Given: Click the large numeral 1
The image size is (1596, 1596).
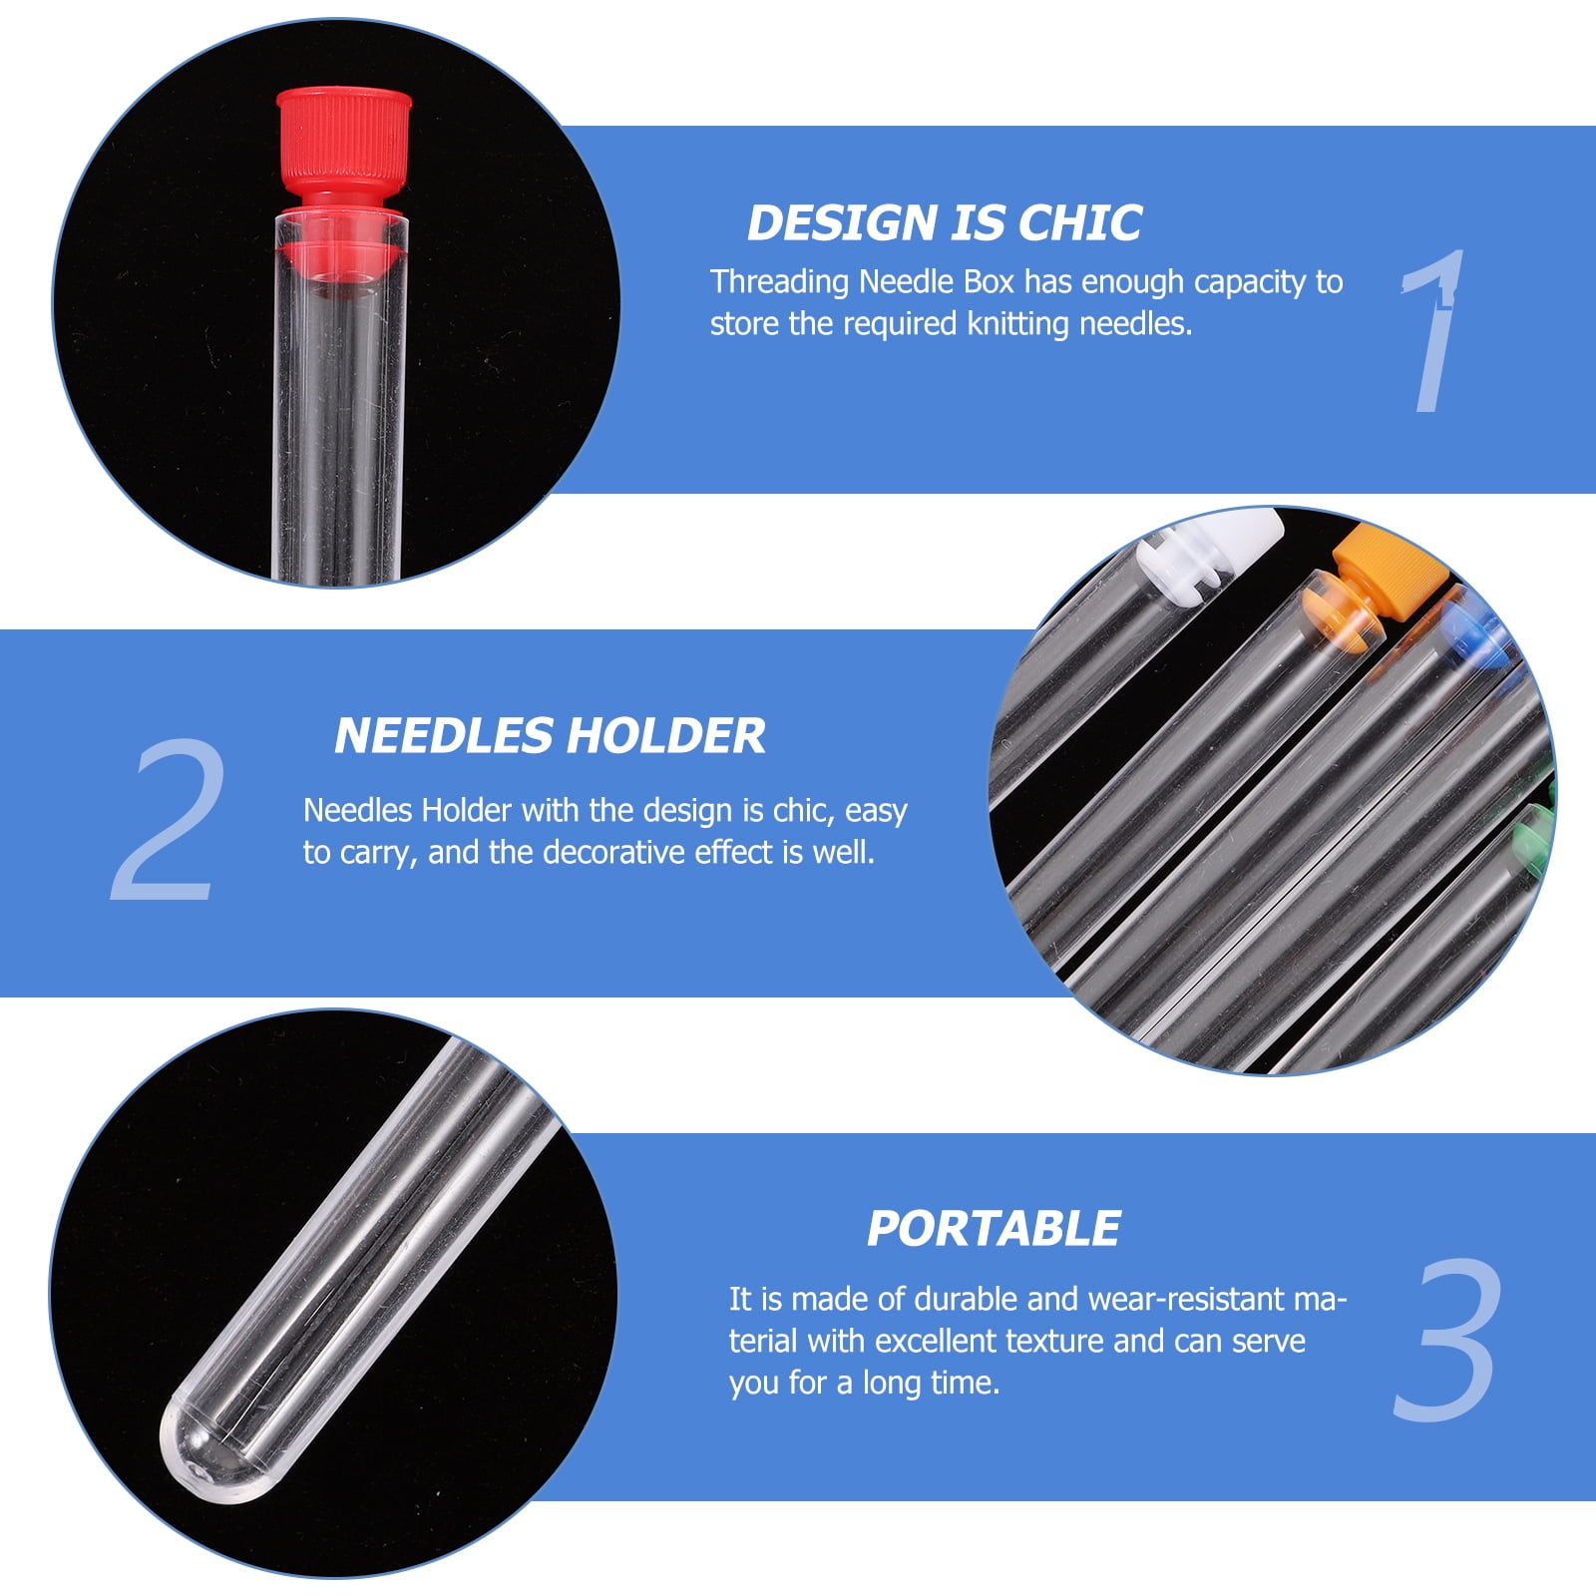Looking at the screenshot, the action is pos(1432,331).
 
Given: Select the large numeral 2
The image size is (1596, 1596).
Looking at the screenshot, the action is pos(167,820).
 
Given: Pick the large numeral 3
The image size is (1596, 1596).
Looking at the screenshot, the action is pos(1446,1339).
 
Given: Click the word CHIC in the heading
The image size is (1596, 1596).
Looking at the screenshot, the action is pos(1080,222).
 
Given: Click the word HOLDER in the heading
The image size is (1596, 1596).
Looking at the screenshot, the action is pos(666,736).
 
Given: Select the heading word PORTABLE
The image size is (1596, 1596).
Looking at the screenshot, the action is pos(994,1229).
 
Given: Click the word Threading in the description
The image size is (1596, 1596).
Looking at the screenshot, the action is pos(779,283).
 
